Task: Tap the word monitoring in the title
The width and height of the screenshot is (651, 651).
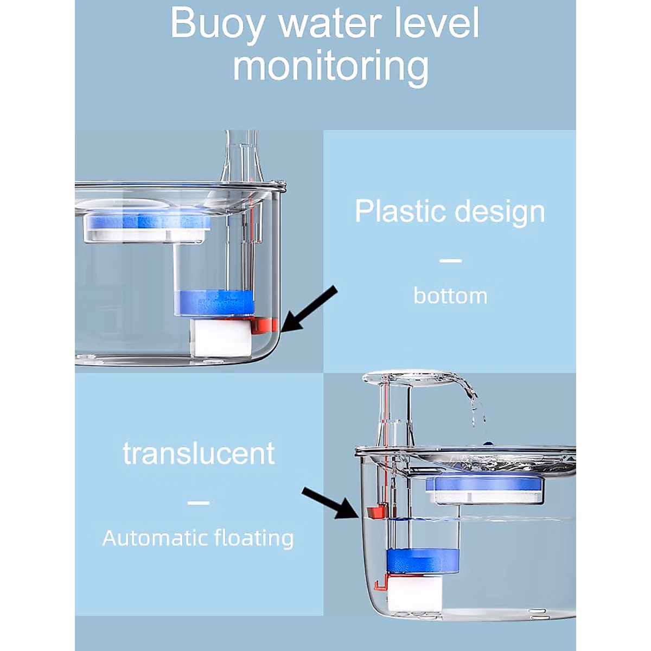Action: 330,67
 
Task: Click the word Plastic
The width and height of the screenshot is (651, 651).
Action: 398,211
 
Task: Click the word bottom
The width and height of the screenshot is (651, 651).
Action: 450,296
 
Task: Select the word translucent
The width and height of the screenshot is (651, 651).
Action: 199,454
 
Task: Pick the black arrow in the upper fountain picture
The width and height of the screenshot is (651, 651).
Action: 308,311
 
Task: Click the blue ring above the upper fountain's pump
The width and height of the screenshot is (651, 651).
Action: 214,302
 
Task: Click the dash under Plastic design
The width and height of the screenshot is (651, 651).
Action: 450,261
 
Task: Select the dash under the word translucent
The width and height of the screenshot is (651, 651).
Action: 198,503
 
